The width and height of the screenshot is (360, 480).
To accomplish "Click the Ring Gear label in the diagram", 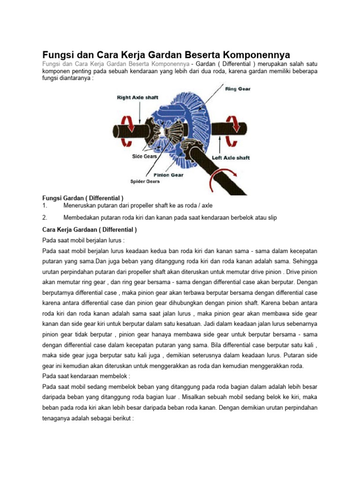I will pyautogui.click(x=238, y=89).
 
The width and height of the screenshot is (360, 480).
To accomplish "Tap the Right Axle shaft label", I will pyautogui.click(x=137, y=97).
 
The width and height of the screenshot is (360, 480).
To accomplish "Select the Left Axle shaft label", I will pyautogui.click(x=231, y=158).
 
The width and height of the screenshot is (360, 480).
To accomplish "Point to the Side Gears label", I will pyautogui.click(x=144, y=156).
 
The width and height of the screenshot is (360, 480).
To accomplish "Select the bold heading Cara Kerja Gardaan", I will pyautogui.click(x=87, y=230).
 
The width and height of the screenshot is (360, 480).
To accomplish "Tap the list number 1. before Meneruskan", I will pyautogui.click(x=45, y=205).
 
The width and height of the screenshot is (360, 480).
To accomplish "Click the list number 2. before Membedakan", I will pyautogui.click(x=45, y=217).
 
